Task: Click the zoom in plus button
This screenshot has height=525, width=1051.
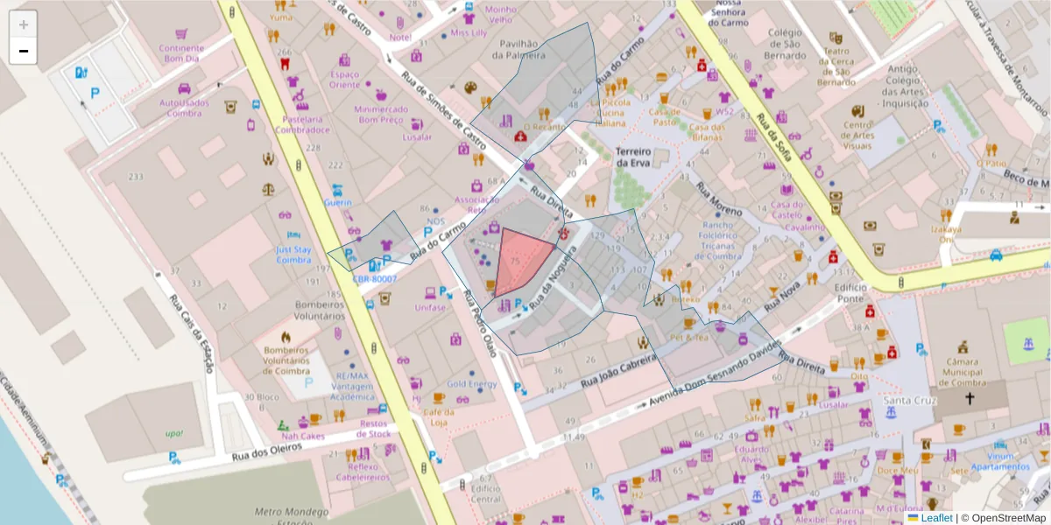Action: (x=24, y=24)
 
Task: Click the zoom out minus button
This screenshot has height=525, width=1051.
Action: (x=24, y=51)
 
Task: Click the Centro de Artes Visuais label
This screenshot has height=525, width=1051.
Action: (x=858, y=135)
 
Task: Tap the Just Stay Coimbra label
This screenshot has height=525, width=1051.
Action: (x=293, y=255)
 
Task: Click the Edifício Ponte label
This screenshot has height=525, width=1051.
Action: (x=850, y=293)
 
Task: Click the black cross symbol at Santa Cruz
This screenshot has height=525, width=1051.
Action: (x=969, y=399)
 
